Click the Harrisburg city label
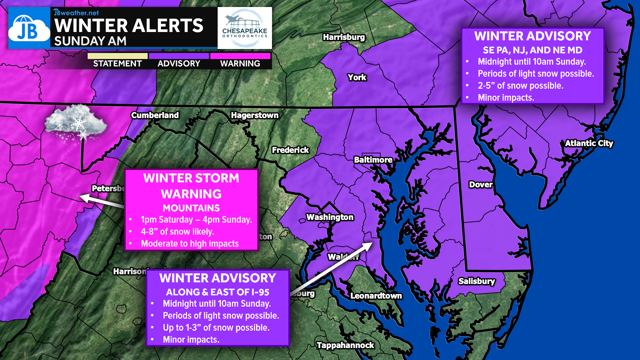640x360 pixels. [344, 37]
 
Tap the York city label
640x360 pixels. [357, 77]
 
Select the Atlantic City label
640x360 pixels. [589, 143]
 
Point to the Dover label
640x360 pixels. [480, 185]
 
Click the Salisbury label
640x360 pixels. [476, 281]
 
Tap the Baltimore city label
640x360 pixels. [373, 160]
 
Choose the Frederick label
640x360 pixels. [290, 150]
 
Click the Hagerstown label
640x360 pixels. [255, 115]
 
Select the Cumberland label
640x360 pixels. [155, 115]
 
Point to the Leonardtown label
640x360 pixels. [376, 296]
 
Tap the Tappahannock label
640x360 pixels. [345, 345]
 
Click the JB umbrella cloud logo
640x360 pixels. [29, 29]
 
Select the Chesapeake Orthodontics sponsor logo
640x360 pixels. [245, 28]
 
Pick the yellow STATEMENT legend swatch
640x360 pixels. [117, 56]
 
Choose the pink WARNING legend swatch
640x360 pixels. [240, 56]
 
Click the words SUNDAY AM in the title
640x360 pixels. [90, 41]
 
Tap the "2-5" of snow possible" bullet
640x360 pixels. [520, 86]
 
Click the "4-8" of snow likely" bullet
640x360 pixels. [177, 232]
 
